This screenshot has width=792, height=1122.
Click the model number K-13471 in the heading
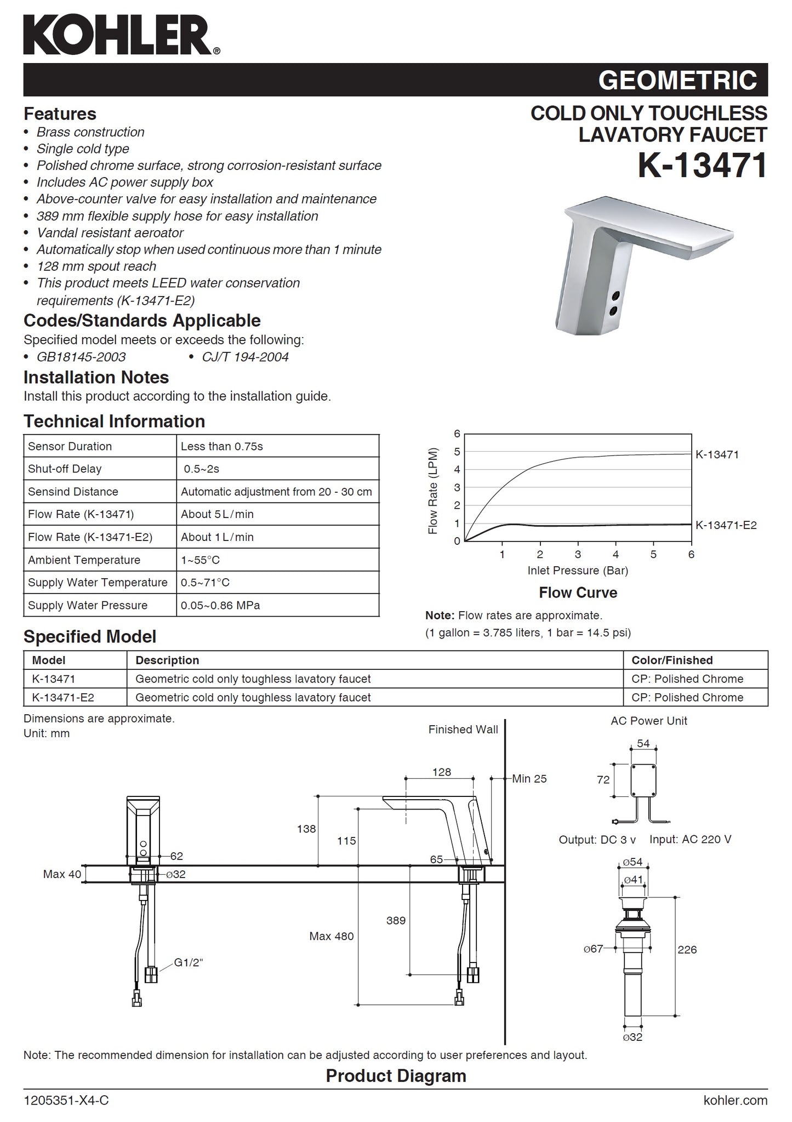click(702, 165)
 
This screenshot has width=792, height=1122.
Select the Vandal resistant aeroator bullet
click(110, 232)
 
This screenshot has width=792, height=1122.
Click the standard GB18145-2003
click(81, 357)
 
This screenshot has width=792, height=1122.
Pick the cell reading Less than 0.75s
click(222, 446)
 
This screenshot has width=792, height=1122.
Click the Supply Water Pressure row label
click(88, 605)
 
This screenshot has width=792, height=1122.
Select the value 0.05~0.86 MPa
click(220, 605)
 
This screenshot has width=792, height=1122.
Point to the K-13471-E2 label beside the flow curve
click(726, 525)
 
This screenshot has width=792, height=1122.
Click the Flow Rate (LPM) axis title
click(433, 491)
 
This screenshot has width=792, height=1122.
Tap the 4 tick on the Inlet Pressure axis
click(616, 554)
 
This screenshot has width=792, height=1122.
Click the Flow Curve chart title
click(578, 593)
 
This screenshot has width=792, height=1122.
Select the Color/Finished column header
click(672, 660)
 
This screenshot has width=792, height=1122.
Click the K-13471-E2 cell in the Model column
click(63, 697)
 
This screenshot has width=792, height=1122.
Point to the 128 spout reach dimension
click(441, 772)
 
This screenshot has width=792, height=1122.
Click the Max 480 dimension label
click(331, 936)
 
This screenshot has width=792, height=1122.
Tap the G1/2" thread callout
click(189, 962)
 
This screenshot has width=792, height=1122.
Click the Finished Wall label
click(463, 729)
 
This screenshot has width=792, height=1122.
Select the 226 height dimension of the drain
click(687, 949)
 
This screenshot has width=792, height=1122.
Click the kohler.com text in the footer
click(735, 1100)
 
